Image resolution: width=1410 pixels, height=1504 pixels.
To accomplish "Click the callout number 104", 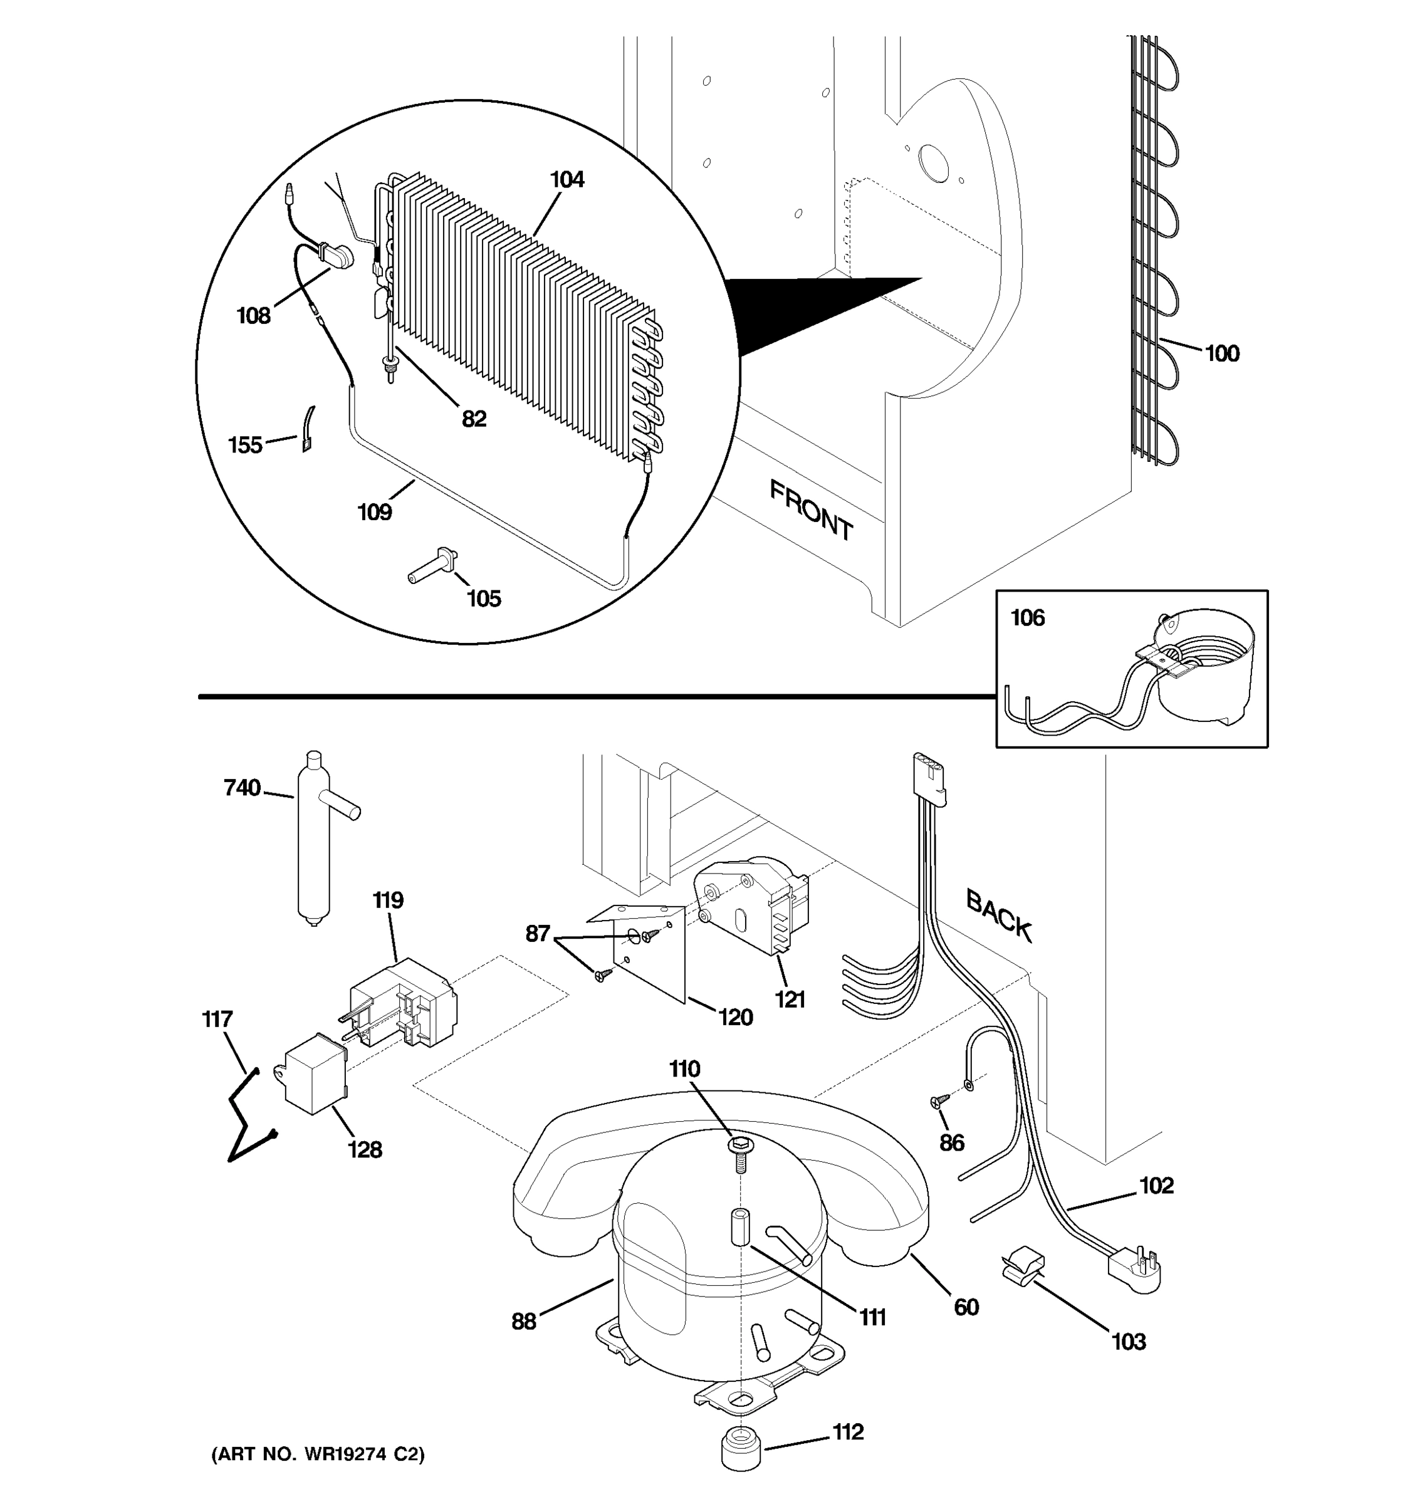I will pos(567,180).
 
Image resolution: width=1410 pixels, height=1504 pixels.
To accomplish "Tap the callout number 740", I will pos(242,788).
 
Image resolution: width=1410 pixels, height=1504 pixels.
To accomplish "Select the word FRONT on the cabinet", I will pos(811,511).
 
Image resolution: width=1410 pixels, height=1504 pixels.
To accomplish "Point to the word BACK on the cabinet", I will pos(998,916).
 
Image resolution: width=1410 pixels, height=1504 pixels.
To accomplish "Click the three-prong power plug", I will pos(1132,1269).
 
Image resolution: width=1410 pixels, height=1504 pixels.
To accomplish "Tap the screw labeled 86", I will pos(938,1102).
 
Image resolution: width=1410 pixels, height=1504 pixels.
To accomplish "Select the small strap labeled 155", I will pos(308,429).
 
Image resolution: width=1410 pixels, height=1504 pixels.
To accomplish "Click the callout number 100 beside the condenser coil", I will pos(1221,353).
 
